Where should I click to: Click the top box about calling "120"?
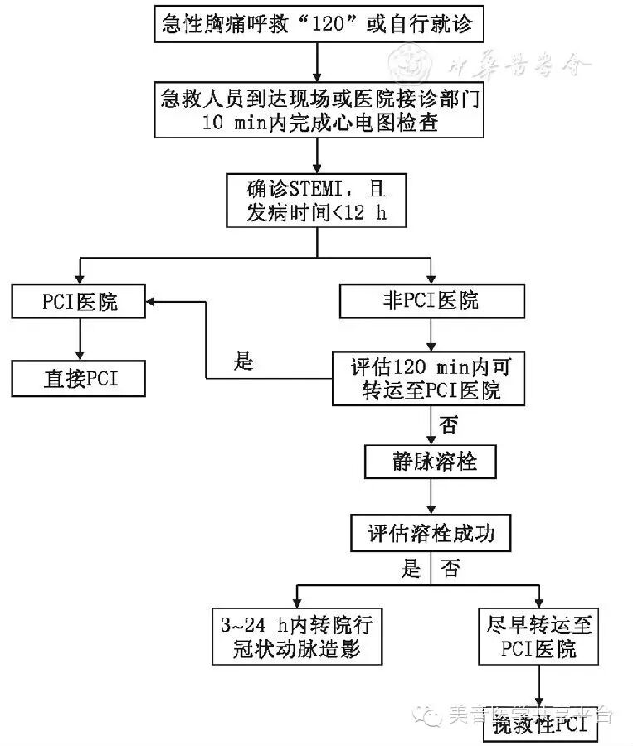[319, 25]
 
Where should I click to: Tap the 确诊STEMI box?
[318, 199]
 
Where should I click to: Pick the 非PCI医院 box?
[431, 301]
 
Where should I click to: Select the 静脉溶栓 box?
[431, 462]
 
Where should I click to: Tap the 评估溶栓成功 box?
[431, 533]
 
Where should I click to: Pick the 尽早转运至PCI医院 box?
[539, 636]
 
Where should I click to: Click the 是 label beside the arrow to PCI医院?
[243, 362]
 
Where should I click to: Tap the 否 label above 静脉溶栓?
[448, 426]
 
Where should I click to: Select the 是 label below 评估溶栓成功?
[411, 569]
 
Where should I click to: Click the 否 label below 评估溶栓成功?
[450, 569]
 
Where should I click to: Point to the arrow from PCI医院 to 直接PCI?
[80, 340]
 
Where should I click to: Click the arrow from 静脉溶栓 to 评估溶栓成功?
[431, 497]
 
